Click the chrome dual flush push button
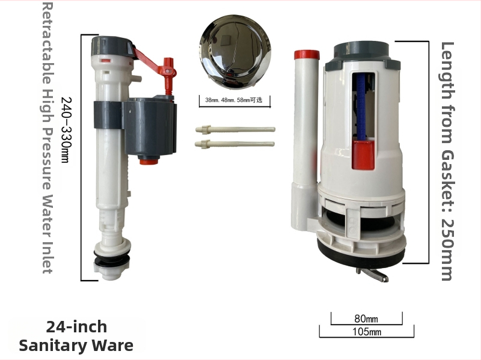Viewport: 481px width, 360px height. coord(235,50)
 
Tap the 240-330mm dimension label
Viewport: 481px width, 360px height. coord(66,130)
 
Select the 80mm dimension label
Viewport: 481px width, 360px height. coord(366,319)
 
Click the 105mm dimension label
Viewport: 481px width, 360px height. coord(367,332)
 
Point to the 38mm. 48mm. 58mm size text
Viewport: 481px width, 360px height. coord(234,100)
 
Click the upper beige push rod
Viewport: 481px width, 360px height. coord(235,129)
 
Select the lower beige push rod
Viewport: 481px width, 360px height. coord(234,144)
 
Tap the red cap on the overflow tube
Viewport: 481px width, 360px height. coord(307,55)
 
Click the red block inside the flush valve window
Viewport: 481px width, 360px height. coord(363,154)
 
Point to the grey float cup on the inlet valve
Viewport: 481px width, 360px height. coord(150,127)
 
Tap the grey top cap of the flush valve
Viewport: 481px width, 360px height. coord(363,57)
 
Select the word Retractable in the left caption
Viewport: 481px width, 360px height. coord(47,43)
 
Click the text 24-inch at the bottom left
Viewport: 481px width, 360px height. coord(77,327)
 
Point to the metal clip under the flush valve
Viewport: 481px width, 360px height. coord(372,275)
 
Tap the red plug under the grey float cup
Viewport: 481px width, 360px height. coord(149,160)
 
